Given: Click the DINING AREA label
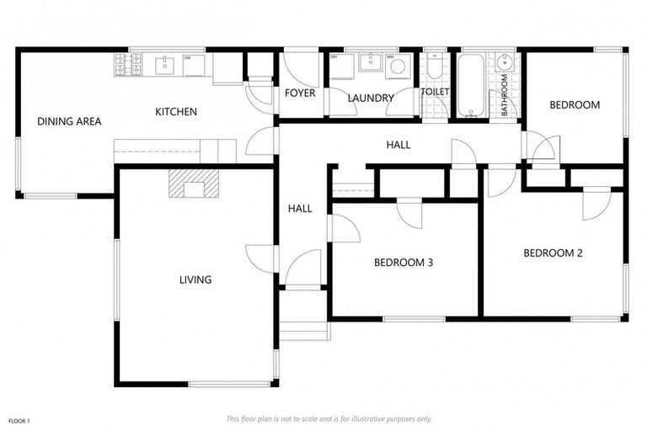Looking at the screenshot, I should click(x=69, y=121).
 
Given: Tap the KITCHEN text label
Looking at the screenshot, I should click(x=176, y=111).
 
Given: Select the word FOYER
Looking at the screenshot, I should click(x=300, y=93).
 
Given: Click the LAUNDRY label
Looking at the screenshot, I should click(x=371, y=98).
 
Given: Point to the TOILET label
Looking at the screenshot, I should click(x=436, y=91).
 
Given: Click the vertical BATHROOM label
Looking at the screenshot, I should click(x=505, y=95).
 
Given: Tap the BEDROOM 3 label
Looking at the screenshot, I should click(x=404, y=263).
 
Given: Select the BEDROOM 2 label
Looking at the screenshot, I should click(x=553, y=253).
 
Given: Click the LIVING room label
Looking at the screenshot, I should click(x=195, y=279).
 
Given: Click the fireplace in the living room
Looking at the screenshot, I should click(x=193, y=184).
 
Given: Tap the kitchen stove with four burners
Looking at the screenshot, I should click(x=128, y=62).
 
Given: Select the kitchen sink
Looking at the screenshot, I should click(x=164, y=62).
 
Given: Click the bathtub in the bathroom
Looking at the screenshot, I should click(x=469, y=85).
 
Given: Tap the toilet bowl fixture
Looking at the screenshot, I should click(x=434, y=67).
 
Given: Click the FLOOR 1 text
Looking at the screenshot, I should click(x=19, y=419).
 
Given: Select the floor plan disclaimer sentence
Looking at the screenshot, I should click(x=329, y=418).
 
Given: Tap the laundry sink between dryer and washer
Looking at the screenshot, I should click(x=369, y=62).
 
